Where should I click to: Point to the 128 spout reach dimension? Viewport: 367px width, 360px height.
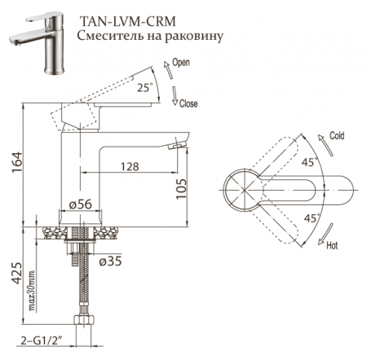129,166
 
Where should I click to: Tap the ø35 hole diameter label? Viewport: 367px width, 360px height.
111,261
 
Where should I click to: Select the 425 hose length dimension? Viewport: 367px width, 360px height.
15,276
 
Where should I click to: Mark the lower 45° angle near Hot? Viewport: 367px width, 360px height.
311,217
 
